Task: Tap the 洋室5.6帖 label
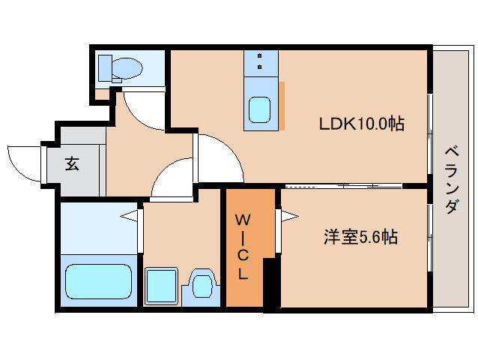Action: [x=360, y=238]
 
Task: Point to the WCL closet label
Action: [x=243, y=247]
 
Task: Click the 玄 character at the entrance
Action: [x=72, y=163]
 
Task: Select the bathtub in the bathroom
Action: [x=98, y=280]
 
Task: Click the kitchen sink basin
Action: [x=261, y=110]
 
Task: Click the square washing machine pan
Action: [x=162, y=285]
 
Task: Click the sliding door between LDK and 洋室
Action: [x=352, y=185]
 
